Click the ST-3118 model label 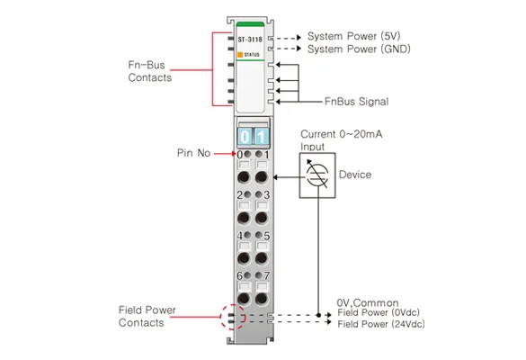pos(250,40)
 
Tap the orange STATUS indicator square pos(240,54)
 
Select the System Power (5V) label pos(354,36)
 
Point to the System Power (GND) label pos(359,49)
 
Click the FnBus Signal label pos(357,102)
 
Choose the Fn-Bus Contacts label pos(149,71)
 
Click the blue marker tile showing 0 pos(245,137)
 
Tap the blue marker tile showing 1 pos(262,137)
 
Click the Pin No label pos(193,153)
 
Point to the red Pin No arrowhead pos(234,154)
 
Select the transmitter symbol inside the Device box pos(317,175)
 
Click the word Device pos(355,175)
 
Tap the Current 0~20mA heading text pos(341,134)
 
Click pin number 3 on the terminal pos(266,195)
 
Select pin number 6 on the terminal pos(239,275)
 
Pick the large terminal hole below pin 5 pos(262,258)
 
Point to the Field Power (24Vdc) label pos(381,324)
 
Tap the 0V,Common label pos(368,302)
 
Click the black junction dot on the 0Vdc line pos(318,315)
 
